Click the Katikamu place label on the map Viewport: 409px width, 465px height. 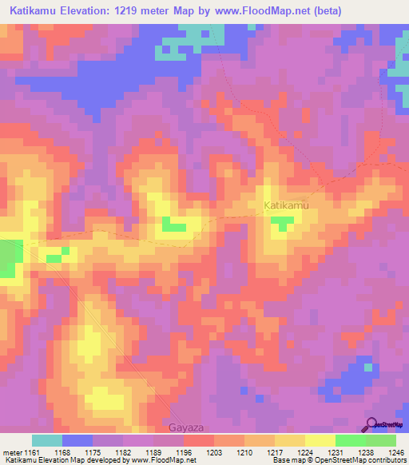pos(286,206)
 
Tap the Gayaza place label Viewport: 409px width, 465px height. pos(185,428)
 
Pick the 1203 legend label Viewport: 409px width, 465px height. pos(214,452)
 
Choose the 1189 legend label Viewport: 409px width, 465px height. pos(153,452)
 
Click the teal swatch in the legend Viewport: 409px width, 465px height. pos(47,440)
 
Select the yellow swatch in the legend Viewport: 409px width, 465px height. pos(320,440)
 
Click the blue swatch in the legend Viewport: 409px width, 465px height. pos(77,440)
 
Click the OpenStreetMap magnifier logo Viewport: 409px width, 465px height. pos(373,423)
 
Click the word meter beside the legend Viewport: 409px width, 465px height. pos(10,452)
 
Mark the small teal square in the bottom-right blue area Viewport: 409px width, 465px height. pos(368,368)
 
